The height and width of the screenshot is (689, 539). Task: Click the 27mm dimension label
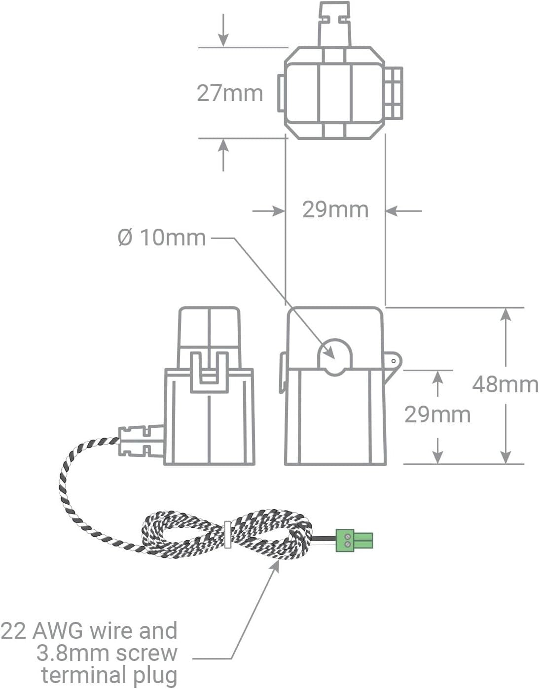pos(230,93)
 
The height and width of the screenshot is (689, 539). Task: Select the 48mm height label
pos(505,384)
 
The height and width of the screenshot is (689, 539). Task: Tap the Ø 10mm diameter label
pos(162,238)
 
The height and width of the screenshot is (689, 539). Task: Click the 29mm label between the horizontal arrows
pos(335,210)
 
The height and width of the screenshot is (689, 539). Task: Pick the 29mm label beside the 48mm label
pos(437,414)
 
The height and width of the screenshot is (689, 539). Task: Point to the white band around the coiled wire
pos(227,535)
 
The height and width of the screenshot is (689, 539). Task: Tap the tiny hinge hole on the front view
pos(394,361)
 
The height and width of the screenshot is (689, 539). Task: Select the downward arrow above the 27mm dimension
pos(223,39)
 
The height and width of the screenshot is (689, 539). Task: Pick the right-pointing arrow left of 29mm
pos(277,211)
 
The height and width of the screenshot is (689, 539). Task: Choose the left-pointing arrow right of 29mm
pos(393,211)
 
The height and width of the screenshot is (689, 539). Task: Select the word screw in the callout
pos(146,653)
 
